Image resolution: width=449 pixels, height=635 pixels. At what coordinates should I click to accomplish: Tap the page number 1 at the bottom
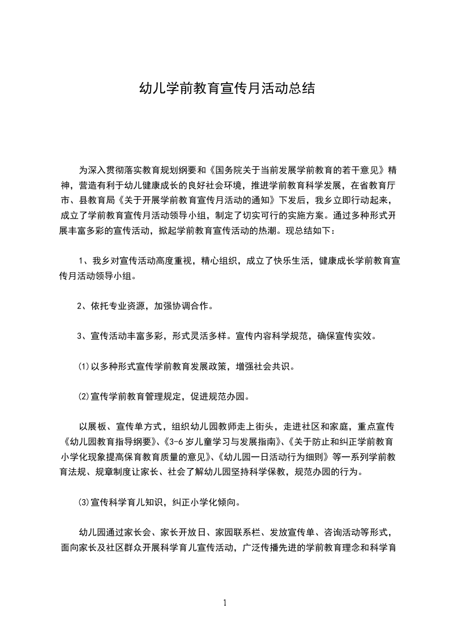click(225, 603)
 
